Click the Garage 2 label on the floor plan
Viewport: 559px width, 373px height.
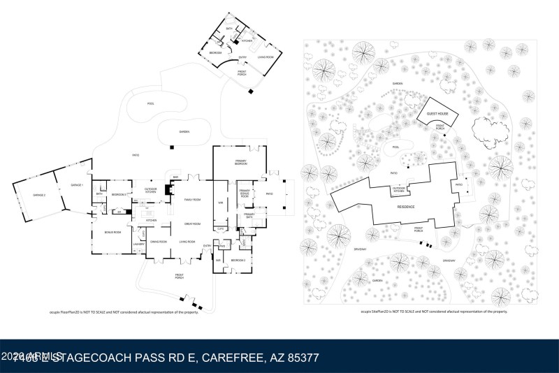(39, 195)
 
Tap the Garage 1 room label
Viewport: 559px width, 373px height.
(76, 185)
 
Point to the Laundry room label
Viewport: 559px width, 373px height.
(139, 244)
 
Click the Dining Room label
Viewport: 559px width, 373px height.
(159, 242)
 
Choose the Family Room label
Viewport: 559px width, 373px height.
(192, 200)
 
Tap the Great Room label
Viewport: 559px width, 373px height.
(192, 224)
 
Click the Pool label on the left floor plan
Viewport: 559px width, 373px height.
(150, 104)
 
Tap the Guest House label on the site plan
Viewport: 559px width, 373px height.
(437, 113)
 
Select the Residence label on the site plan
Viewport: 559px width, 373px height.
(406, 207)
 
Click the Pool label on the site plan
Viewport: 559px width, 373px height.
(395, 147)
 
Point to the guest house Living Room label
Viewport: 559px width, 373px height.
(266, 57)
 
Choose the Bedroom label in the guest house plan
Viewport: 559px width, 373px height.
(216, 52)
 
